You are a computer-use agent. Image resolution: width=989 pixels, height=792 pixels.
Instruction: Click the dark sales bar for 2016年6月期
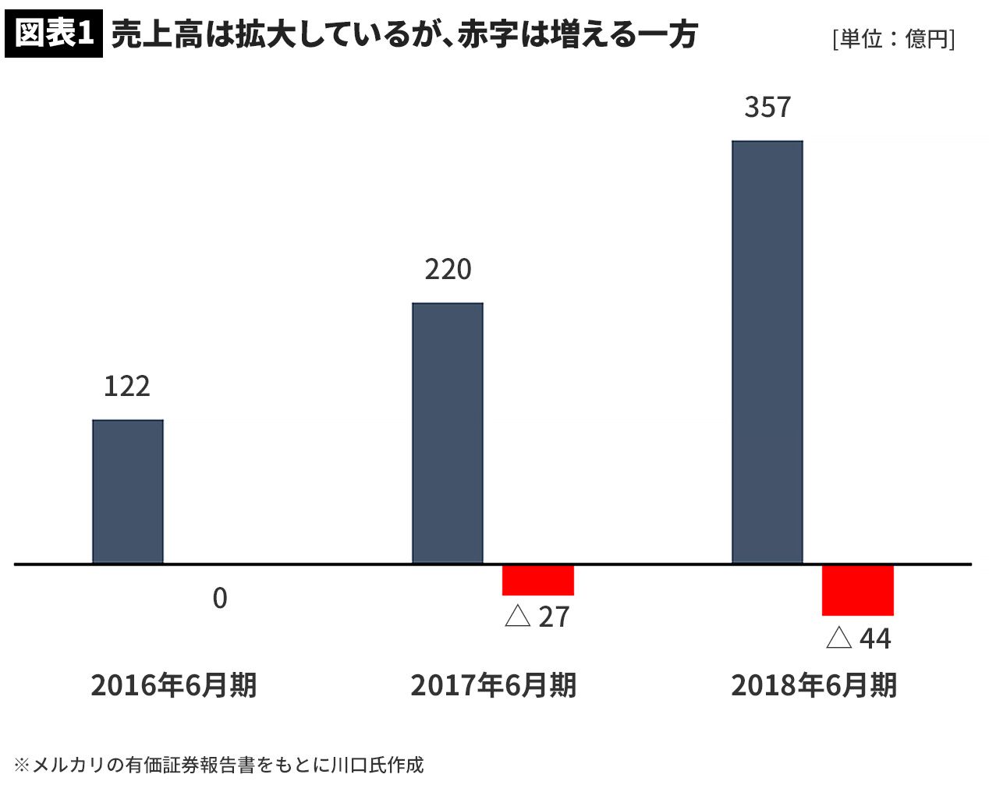(x=128, y=491)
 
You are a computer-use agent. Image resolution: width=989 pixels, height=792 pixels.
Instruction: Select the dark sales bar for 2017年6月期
(x=448, y=433)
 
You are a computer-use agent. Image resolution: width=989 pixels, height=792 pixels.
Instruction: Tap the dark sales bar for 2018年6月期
(x=767, y=352)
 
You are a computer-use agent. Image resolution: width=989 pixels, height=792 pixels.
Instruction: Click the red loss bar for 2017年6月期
(x=538, y=580)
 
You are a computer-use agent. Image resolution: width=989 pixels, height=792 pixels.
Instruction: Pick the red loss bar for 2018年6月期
(x=858, y=590)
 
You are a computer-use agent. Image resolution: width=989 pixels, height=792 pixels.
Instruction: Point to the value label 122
(x=126, y=387)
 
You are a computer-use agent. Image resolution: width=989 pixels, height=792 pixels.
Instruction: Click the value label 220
(x=448, y=270)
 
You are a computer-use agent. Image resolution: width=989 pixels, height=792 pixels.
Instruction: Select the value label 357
(x=767, y=108)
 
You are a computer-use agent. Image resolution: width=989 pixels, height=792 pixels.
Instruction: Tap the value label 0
(x=220, y=599)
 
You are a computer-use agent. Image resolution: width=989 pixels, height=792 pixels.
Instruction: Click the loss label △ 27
(x=537, y=617)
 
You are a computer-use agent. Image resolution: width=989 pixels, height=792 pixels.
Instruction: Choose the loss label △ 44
(x=858, y=639)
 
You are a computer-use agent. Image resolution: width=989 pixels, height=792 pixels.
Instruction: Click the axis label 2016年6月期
(x=173, y=686)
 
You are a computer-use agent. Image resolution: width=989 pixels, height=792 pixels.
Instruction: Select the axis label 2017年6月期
(x=493, y=686)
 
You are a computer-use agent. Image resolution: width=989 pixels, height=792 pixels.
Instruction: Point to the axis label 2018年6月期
(x=814, y=686)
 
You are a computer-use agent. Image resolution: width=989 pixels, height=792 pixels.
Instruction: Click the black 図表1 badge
(x=53, y=35)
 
